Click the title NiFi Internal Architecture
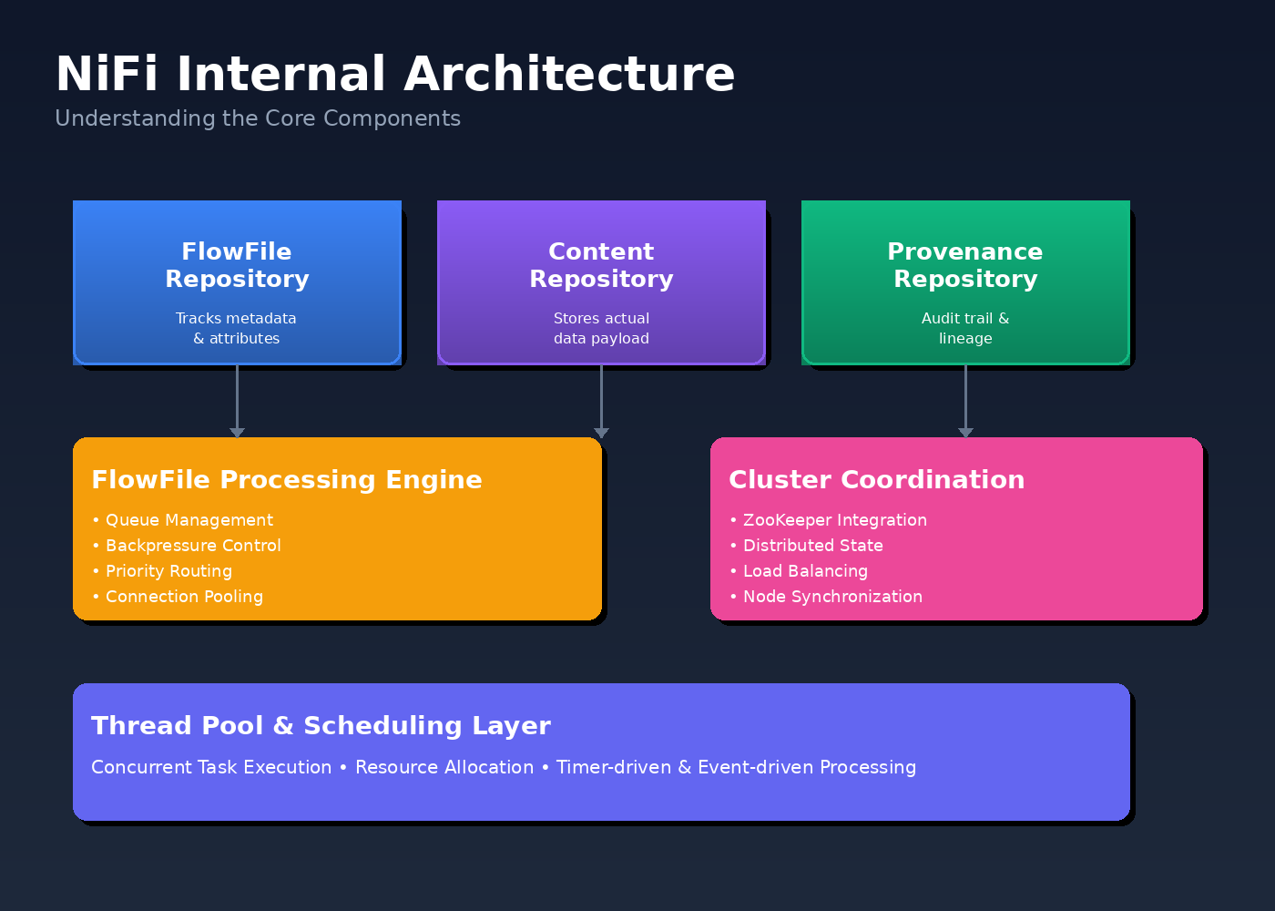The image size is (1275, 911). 394,74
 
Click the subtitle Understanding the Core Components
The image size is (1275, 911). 258,118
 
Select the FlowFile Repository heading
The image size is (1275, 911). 237,265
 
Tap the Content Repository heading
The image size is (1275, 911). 601,265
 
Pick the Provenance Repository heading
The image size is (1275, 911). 965,265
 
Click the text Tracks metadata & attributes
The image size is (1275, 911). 237,328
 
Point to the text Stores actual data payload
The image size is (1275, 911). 601,328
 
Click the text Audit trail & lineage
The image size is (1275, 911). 965,328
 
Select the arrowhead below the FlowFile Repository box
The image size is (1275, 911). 237,433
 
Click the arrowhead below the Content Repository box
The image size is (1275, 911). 601,433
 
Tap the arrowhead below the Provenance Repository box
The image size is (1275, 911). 965,433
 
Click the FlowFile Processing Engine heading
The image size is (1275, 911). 287,480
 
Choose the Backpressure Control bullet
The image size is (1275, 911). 193,546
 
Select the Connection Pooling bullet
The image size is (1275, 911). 184,597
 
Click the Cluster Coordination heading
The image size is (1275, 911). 876,480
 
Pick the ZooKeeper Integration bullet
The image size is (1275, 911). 834,520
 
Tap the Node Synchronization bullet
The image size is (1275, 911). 832,597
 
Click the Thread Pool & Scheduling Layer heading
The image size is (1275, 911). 321,726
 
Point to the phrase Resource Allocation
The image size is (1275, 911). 444,767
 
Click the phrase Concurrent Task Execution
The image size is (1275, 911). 211,767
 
